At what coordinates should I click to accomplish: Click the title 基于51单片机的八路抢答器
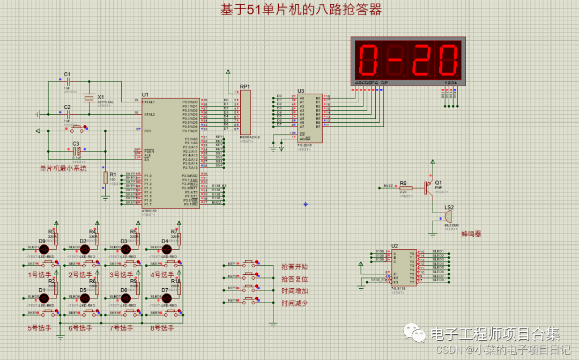[301, 10]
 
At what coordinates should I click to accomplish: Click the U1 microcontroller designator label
[145, 94]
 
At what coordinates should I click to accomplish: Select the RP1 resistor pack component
[246, 112]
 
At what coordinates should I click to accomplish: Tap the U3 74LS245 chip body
[310, 118]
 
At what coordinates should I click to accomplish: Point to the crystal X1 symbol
[88, 98]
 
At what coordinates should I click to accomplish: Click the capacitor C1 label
[67, 74]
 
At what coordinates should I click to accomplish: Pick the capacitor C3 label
[76, 144]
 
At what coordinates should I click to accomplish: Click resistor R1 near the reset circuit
[105, 178]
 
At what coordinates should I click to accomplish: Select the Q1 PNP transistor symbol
[428, 187]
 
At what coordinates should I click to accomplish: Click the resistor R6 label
[403, 183]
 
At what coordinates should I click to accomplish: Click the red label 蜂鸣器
[471, 234]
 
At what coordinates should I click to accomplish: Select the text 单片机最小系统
[63, 168]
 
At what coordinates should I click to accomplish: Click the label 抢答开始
[295, 267]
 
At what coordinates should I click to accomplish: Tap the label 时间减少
[295, 303]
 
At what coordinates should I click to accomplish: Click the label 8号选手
[162, 328]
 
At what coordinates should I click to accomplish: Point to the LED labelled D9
[44, 250]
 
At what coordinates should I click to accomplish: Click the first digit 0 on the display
[369, 59]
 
